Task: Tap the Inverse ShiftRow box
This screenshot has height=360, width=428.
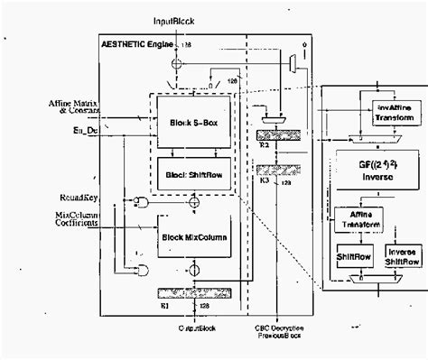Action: pos(403,254)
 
